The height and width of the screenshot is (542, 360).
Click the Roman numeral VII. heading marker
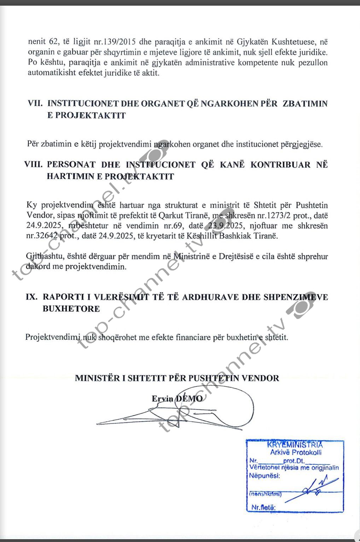(x=35, y=104)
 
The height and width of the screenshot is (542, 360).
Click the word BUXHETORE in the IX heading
(x=71, y=309)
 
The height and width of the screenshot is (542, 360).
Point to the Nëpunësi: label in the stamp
(x=265, y=476)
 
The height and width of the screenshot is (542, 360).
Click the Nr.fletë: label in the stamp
(x=263, y=507)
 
